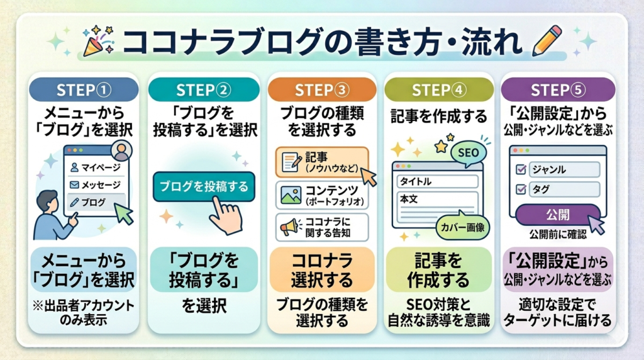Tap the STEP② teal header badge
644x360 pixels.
click(x=203, y=90)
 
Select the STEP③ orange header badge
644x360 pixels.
click(x=321, y=90)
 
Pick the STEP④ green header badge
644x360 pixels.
click(x=439, y=90)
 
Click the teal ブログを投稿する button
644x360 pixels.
click(x=204, y=187)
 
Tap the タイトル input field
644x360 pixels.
click(x=435, y=181)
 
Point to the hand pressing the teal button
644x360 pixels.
click(x=224, y=214)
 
